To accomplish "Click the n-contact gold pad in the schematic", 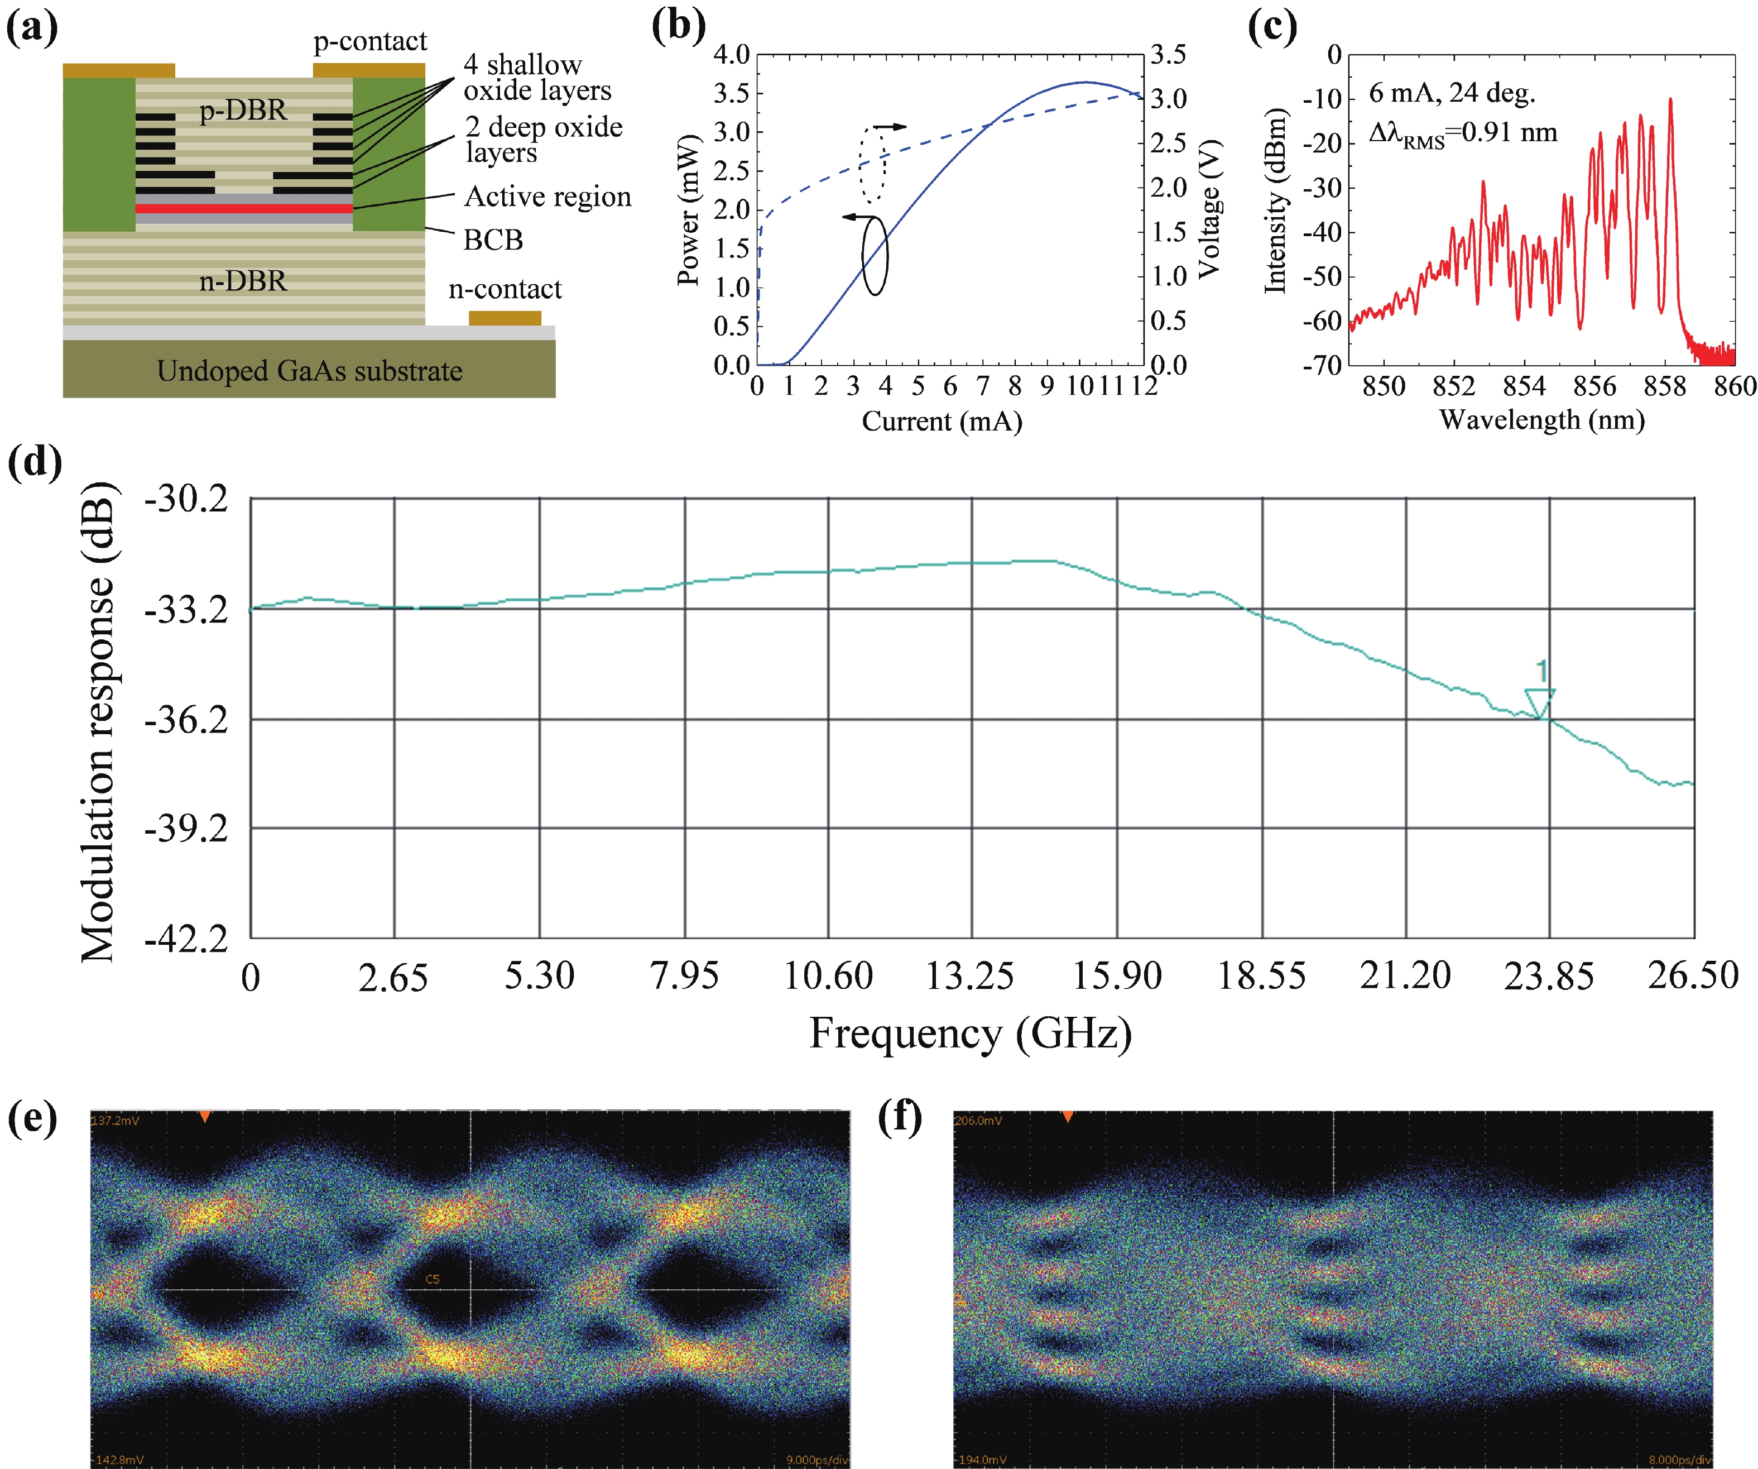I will click(504, 318).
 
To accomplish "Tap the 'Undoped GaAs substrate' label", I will click(309, 371).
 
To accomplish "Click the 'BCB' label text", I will click(493, 240).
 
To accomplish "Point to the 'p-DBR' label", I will click(243, 109).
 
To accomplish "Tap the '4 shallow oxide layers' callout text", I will click(537, 77).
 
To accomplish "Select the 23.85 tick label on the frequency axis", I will click(1548, 977).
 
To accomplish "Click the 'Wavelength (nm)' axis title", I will click(1541, 420).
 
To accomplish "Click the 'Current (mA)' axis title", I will click(942, 420).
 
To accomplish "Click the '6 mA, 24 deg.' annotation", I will click(1452, 93).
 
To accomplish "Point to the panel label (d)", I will click(35, 461).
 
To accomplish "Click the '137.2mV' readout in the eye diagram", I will click(116, 1121).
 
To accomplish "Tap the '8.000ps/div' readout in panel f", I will click(1679, 1460).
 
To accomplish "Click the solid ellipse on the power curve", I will click(875, 256).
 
